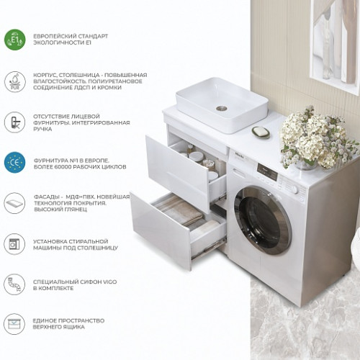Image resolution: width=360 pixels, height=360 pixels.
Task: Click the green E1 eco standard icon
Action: [15, 40]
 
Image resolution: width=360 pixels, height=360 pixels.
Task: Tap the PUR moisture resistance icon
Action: [15, 81]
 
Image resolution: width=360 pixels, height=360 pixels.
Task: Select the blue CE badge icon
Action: [15, 163]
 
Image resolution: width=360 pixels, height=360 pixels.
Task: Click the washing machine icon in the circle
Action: [15, 244]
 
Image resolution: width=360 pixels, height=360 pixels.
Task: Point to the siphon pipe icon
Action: [15, 284]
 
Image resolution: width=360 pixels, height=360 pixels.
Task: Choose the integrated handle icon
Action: [15, 122]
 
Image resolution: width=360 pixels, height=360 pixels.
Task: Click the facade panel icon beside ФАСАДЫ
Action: [15, 203]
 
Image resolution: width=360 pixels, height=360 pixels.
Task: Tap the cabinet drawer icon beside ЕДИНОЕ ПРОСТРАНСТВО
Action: [15, 324]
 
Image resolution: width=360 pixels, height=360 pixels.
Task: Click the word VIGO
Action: [109, 282]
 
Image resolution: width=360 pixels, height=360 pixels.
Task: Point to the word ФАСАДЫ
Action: [47, 197]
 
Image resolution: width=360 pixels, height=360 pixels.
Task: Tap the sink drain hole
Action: [222, 108]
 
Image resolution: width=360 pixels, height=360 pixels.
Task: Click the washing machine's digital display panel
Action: [267, 172]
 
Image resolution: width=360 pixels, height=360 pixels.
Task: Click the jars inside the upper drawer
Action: [204, 161]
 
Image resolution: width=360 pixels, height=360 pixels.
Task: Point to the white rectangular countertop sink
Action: [222, 105]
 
